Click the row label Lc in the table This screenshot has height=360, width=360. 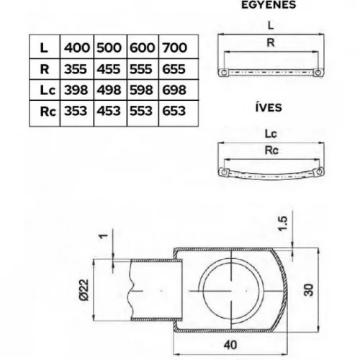point(45,90)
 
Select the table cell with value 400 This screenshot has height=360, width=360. point(77,48)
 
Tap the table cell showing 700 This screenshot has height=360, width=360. point(174,48)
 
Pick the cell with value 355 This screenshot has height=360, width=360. point(77,69)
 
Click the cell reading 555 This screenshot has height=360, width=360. point(142,69)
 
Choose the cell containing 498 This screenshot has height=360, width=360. point(109,90)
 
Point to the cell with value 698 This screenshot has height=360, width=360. point(174,90)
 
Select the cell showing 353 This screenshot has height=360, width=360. point(77,111)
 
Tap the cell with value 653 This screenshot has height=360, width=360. point(174,111)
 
